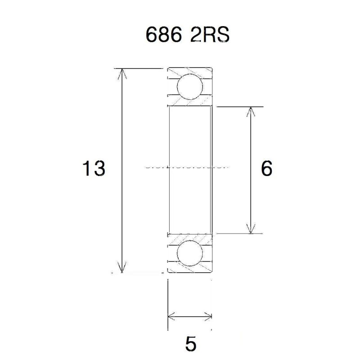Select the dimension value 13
point(94,169)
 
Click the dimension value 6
point(266,169)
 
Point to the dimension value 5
point(190,344)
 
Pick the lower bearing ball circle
point(189,253)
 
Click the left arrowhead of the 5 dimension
point(171,315)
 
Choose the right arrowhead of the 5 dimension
point(207,315)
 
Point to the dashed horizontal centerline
point(189,166)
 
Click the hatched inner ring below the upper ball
point(189,103)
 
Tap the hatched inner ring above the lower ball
point(189,237)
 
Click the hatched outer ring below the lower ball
point(189,269)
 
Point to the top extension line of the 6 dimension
point(238,107)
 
